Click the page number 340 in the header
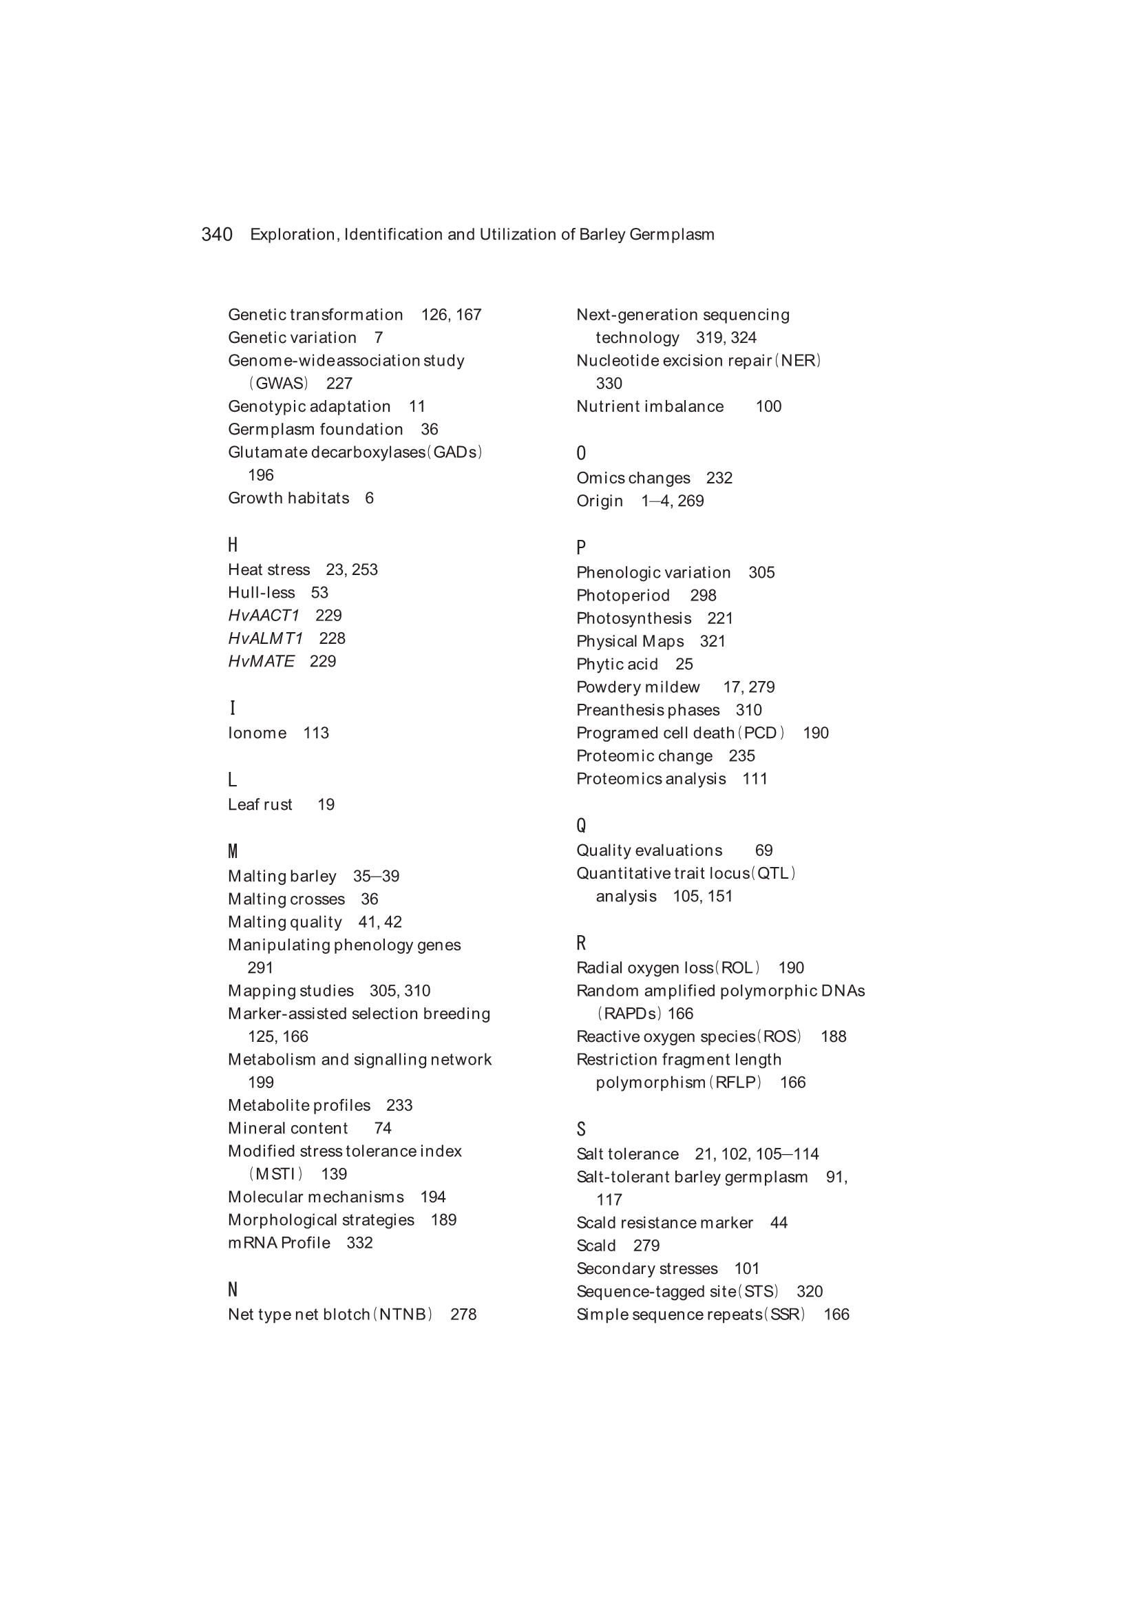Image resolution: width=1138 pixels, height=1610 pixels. (217, 234)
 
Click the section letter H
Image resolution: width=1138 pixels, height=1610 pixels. (233, 545)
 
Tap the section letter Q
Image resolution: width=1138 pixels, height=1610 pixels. (581, 826)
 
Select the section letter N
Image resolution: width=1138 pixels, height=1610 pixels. (233, 1290)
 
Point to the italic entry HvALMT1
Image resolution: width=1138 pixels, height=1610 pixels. (266, 638)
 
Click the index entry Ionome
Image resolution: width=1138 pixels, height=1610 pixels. (257, 733)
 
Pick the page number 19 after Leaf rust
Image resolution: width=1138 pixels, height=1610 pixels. (326, 804)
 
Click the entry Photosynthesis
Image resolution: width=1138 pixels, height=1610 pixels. (634, 618)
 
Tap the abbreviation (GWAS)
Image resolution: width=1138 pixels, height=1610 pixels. (278, 384)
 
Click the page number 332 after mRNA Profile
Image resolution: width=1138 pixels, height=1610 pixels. (359, 1242)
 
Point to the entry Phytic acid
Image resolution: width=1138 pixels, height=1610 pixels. (617, 664)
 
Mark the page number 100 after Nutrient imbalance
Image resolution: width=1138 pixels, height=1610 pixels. (768, 406)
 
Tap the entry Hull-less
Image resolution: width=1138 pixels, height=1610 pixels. (262, 592)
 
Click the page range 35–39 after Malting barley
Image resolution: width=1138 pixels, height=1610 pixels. (377, 876)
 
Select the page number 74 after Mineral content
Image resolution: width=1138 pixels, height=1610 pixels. (383, 1127)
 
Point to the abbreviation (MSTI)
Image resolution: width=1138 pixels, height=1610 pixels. (275, 1174)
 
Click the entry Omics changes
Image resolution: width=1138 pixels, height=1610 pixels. (633, 477)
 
